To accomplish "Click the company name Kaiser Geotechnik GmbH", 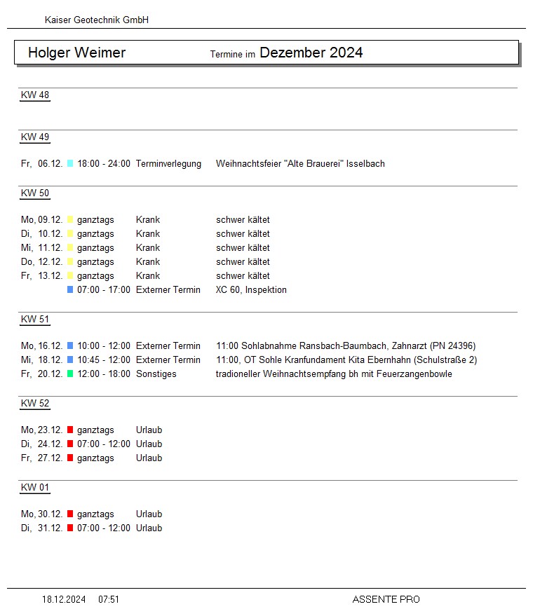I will (97, 20).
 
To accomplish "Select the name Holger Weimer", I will (76, 53).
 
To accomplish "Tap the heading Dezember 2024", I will (311, 53).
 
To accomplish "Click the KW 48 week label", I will (35, 95).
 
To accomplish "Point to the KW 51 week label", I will (35, 320).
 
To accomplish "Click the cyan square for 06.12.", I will (70, 164).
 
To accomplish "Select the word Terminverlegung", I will (168, 164).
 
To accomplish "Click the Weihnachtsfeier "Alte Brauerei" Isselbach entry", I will (300, 164).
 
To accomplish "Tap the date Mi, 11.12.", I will (41, 248).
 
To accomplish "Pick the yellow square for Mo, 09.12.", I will (70, 220).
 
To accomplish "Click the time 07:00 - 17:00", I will (104, 290).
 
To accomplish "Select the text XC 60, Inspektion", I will (251, 290).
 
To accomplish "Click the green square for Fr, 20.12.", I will (70, 374).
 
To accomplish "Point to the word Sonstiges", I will (156, 374).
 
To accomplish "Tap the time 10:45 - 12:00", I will (104, 360).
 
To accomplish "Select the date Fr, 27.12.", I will (41, 458).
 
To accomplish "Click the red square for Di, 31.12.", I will (70, 528).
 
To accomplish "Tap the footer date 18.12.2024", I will (64, 600).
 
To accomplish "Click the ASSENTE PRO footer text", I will (386, 600).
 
